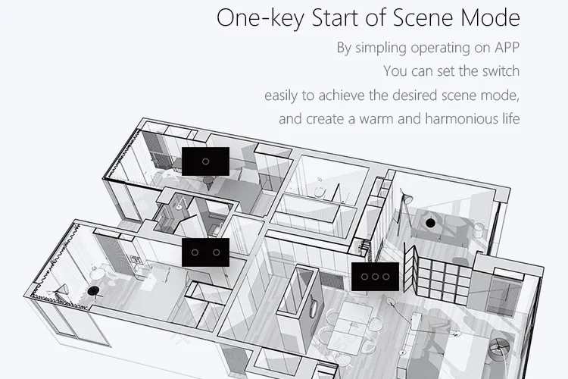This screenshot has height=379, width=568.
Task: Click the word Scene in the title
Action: pyautogui.click(x=423, y=17)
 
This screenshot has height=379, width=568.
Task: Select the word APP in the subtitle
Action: pyautogui.click(x=507, y=48)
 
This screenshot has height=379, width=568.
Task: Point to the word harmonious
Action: pyautogui.click(x=460, y=118)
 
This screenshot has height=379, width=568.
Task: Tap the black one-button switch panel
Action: pyautogui.click(x=205, y=161)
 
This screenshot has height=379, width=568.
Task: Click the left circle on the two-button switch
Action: pyautogui.click(x=195, y=252)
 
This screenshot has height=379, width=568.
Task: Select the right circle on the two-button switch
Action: pyautogui.click(x=217, y=252)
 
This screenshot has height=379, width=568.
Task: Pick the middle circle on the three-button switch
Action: pyautogui.click(x=376, y=277)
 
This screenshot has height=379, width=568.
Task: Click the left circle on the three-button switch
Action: pyautogui.click(x=364, y=277)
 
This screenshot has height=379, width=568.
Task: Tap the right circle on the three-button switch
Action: pyautogui.click(x=386, y=277)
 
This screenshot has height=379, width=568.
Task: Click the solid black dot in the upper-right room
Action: pyautogui.click(x=430, y=223)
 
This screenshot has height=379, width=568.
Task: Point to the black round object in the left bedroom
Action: pyautogui.click(x=93, y=290)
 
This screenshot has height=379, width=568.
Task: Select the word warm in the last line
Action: pyautogui.click(x=376, y=119)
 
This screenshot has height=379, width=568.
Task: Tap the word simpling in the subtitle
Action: pyautogui.click(x=381, y=48)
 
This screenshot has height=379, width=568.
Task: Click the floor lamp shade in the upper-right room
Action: pyautogui.click(x=408, y=199)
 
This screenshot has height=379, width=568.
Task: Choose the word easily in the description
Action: pyautogui.click(x=281, y=96)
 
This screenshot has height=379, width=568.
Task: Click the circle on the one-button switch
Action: pyautogui.click(x=205, y=161)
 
